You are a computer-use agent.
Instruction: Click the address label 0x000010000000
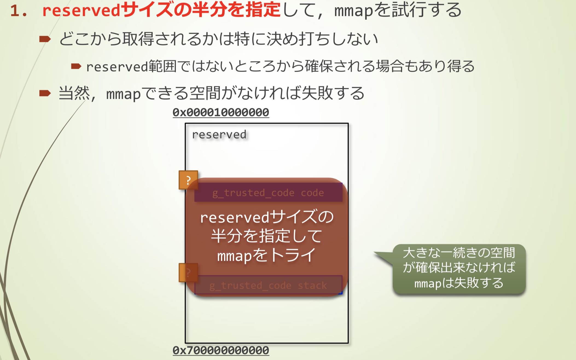(221, 112)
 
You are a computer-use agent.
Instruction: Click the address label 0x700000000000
(221, 350)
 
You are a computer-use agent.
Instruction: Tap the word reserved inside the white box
(219, 135)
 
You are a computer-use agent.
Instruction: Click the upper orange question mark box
(188, 180)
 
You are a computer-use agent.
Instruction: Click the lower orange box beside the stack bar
(188, 272)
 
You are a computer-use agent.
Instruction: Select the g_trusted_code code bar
(268, 193)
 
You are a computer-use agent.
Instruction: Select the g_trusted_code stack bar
(268, 285)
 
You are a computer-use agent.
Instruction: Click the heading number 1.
(18, 11)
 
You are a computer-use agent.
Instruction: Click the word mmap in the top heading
(353, 11)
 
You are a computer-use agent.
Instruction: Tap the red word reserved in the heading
(81, 11)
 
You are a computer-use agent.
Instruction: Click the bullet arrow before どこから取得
(45, 39)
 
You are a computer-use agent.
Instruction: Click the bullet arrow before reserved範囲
(76, 66)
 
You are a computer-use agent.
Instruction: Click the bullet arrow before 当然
(45, 93)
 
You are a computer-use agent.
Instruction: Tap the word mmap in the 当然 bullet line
(123, 94)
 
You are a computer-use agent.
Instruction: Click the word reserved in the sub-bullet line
(117, 67)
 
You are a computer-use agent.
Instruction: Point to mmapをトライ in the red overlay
(266, 256)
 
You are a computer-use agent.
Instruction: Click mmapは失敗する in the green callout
(459, 283)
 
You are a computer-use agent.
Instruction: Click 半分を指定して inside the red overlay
(266, 236)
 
